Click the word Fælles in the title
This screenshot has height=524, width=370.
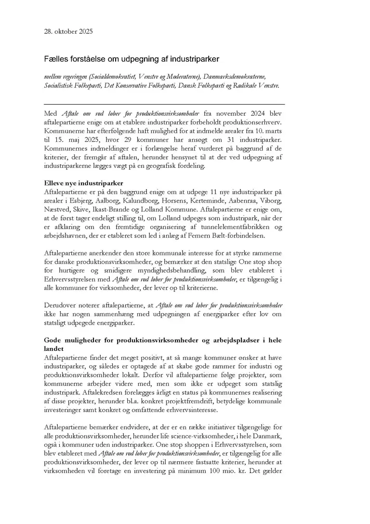[x=54, y=59]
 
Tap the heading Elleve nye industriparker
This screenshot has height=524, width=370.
[x=83, y=183]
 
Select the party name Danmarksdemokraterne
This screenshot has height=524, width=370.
[x=235, y=76]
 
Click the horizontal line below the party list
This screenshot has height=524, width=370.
[x=164, y=104]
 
